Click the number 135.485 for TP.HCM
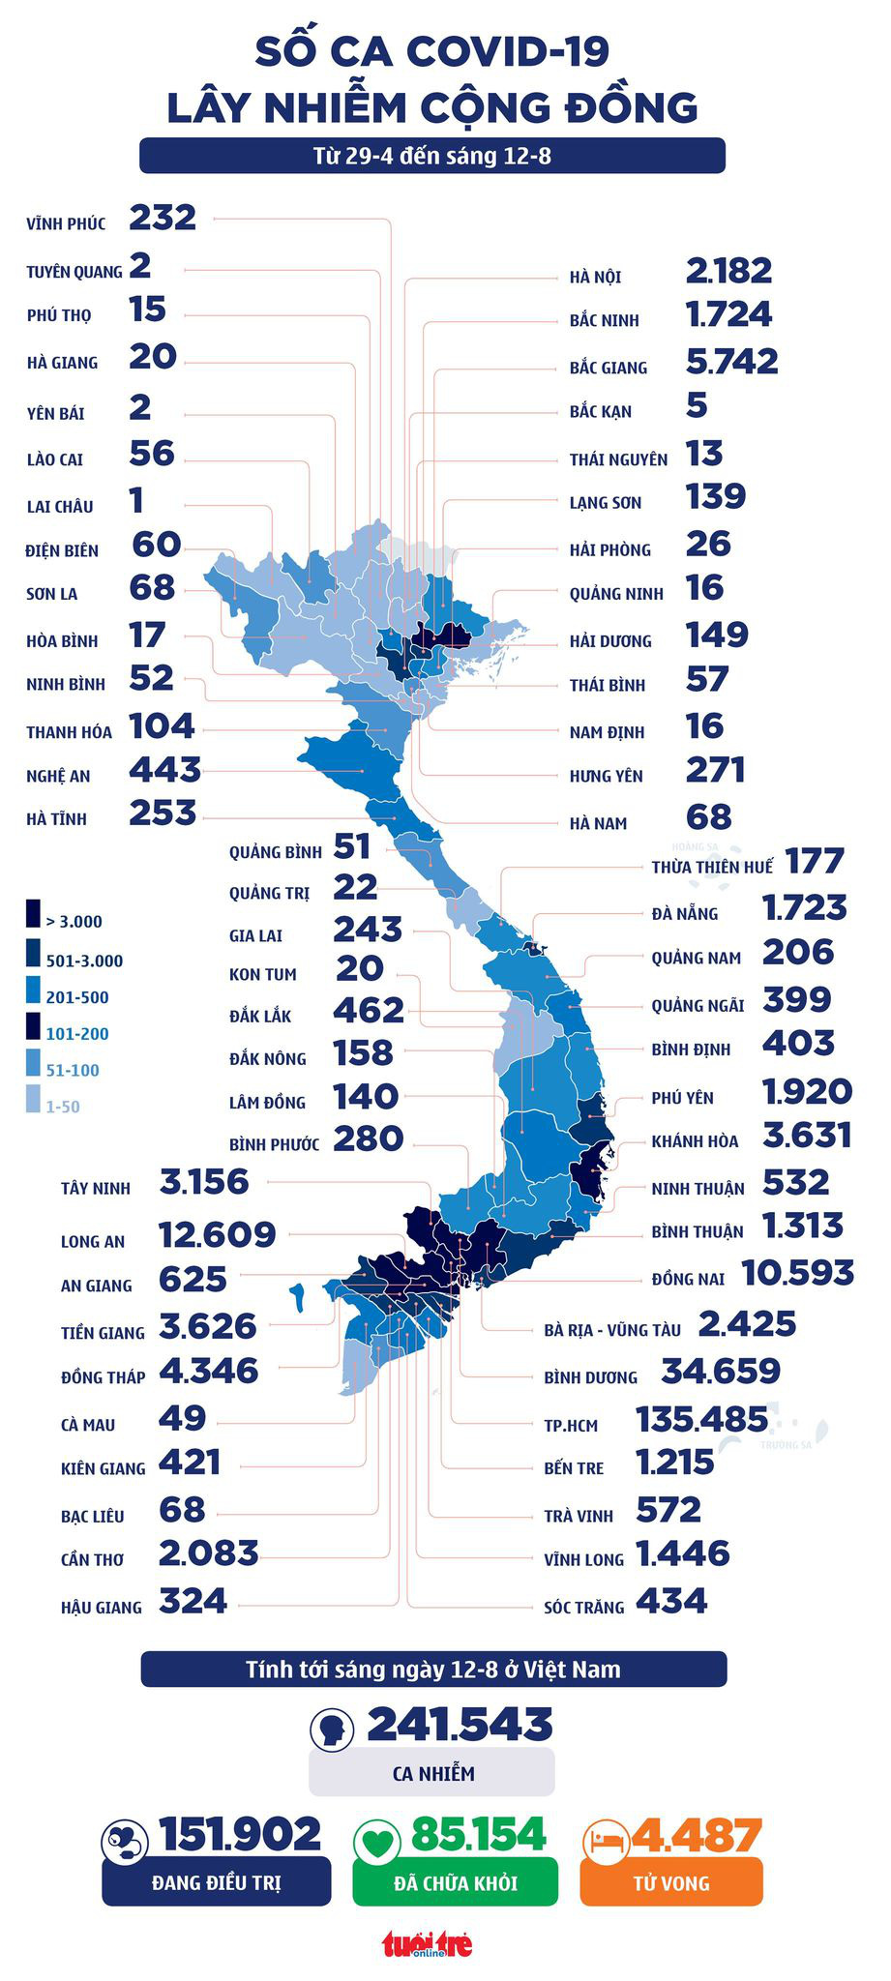point(701,1420)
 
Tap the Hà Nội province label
point(595,278)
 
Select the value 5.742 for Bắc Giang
point(731,362)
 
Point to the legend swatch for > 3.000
point(33,915)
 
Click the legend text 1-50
point(63,1107)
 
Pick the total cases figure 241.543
point(460,1725)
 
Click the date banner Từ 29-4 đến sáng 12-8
point(431,156)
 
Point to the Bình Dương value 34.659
point(720,1372)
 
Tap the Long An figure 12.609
point(217,1234)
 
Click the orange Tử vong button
point(671,1882)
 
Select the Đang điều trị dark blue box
point(216,1882)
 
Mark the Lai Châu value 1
point(136,501)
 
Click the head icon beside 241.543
point(332,1728)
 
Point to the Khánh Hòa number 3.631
point(807,1135)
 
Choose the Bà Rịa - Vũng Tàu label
point(611,1330)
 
